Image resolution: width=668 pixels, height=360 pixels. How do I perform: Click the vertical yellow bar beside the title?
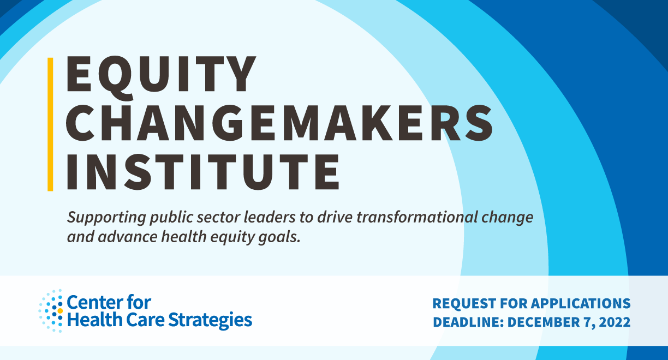[50, 124]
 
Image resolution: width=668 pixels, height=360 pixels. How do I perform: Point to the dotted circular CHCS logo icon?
[51, 311]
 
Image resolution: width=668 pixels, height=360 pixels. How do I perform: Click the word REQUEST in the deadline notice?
[463, 303]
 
